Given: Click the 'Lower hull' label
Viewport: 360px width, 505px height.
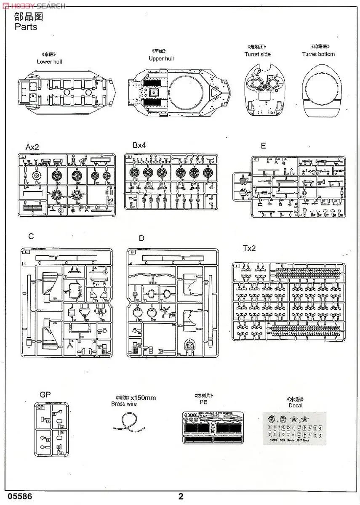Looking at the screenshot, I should coord(50,61).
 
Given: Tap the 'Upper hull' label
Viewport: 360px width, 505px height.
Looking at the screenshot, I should coord(161,58).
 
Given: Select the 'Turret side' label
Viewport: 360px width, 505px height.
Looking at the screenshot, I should coord(257,54).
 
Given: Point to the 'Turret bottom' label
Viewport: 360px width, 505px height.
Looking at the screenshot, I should coord(318,54).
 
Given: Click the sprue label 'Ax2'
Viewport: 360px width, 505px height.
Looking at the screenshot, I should coord(32,147).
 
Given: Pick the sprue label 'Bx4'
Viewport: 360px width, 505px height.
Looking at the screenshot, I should coord(139,146).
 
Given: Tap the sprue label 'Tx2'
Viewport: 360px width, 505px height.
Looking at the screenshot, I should coord(249,248).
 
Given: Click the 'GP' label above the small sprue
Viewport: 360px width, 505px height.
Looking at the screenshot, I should coord(45,395).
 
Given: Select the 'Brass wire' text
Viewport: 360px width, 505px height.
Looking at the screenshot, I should coord(124,404).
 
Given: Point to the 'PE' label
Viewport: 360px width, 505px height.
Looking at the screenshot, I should coord(203,402).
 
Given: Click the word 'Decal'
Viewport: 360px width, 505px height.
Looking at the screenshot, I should coord(295,406).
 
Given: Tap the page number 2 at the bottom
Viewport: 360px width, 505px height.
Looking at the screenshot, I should coord(181,497).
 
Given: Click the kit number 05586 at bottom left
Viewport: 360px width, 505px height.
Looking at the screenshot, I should coord(16,497).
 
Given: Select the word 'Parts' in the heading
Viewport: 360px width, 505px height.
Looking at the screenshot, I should coord(26,27).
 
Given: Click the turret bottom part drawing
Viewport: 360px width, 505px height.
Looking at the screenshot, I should coord(323,90).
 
